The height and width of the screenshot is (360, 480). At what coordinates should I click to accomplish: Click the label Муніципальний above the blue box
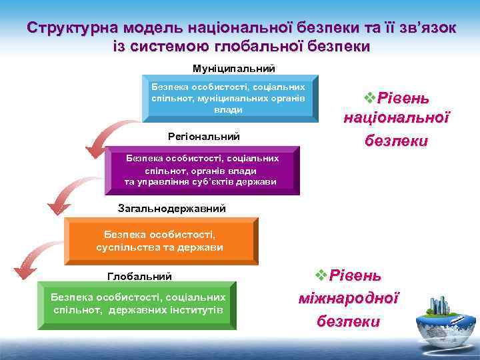pyautogui.click(x=233, y=69)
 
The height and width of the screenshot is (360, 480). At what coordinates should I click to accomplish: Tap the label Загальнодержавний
pyautogui.click(x=172, y=209)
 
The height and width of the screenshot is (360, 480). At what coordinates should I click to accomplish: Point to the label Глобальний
pyautogui.click(x=139, y=276)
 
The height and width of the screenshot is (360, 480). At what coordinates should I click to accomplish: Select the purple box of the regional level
pyautogui.click(x=201, y=171)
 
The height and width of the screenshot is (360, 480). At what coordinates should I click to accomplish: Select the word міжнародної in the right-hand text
pyautogui.click(x=349, y=298)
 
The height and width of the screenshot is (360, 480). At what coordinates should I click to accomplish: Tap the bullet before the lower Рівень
pyautogui.click(x=320, y=275)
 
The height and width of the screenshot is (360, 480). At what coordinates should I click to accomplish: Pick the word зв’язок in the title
pyautogui.click(x=427, y=29)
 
